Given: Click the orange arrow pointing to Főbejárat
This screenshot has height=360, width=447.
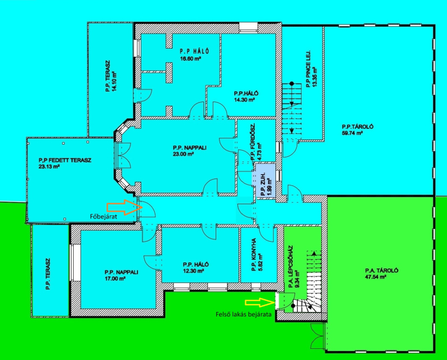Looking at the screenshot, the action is pyautogui.click(x=124, y=207).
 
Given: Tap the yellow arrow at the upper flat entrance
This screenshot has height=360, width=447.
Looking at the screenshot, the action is pyautogui.click(x=260, y=303).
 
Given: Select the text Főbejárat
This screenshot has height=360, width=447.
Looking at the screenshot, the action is pyautogui.click(x=103, y=217).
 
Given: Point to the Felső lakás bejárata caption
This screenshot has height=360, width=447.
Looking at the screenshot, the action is pyautogui.click(x=243, y=315).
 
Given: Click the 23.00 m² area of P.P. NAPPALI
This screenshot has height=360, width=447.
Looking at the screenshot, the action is pyautogui.click(x=183, y=154).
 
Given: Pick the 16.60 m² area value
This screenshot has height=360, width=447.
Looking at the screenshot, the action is pyautogui.click(x=191, y=59).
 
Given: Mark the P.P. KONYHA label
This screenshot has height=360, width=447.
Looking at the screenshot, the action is pyautogui.click(x=254, y=255).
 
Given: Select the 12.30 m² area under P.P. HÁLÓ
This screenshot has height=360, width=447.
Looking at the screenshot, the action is pyautogui.click(x=193, y=271).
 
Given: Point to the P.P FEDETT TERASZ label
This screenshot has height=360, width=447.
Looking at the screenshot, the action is pyautogui.click(x=65, y=160).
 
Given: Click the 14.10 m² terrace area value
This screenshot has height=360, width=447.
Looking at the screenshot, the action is pyautogui.click(x=115, y=81).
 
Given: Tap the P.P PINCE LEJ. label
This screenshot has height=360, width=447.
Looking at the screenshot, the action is pyautogui.click(x=308, y=69).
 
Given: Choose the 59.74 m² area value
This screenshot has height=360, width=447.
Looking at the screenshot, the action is pyautogui.click(x=352, y=133).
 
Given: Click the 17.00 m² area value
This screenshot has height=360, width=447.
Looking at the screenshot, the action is pyautogui.click(x=115, y=279).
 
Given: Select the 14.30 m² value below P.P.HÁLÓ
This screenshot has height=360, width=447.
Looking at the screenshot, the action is pyautogui.click(x=244, y=100).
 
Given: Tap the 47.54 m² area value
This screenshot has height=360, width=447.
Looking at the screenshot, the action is pyautogui.click(x=375, y=277).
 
